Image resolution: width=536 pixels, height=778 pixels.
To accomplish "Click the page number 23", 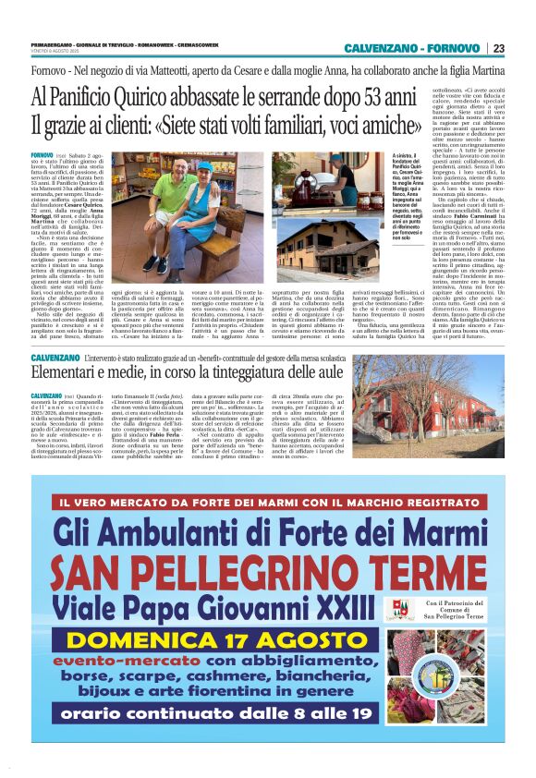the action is pos(498,48).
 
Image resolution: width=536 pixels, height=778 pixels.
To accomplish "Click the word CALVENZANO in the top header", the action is pos(383,48).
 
